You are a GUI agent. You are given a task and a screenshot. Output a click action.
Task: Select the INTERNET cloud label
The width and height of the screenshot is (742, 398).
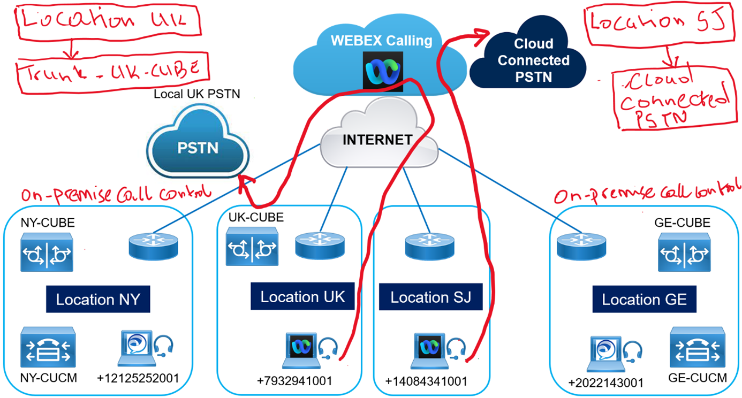(377, 140)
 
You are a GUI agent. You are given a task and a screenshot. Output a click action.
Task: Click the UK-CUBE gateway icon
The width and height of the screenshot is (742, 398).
(252, 247)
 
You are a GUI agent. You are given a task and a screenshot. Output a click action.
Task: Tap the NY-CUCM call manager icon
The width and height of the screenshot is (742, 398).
(48, 347)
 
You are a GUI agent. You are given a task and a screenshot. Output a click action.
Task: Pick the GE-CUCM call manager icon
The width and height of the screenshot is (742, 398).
(697, 348)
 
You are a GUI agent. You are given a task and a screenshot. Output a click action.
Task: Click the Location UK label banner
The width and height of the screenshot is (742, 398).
(302, 296)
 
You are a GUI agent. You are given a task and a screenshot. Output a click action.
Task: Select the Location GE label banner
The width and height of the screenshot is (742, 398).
(644, 300)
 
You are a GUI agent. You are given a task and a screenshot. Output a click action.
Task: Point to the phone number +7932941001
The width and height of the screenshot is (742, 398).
(294, 381)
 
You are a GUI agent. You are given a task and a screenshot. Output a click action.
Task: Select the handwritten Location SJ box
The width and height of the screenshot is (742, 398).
(657, 24)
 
